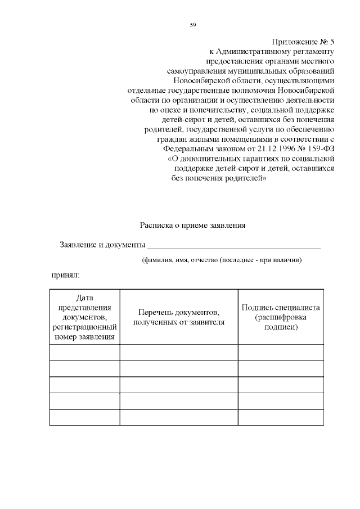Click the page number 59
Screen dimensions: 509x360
(x=192, y=25)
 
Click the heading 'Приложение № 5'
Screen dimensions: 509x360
(x=304, y=42)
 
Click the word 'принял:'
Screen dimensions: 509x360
(x=66, y=276)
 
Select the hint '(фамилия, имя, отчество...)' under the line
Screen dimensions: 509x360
(x=222, y=260)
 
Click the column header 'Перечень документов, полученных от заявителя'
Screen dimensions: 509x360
(x=179, y=317)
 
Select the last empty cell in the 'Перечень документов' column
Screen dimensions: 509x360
(x=179, y=417)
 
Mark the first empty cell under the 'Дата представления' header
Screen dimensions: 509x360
(x=84, y=352)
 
